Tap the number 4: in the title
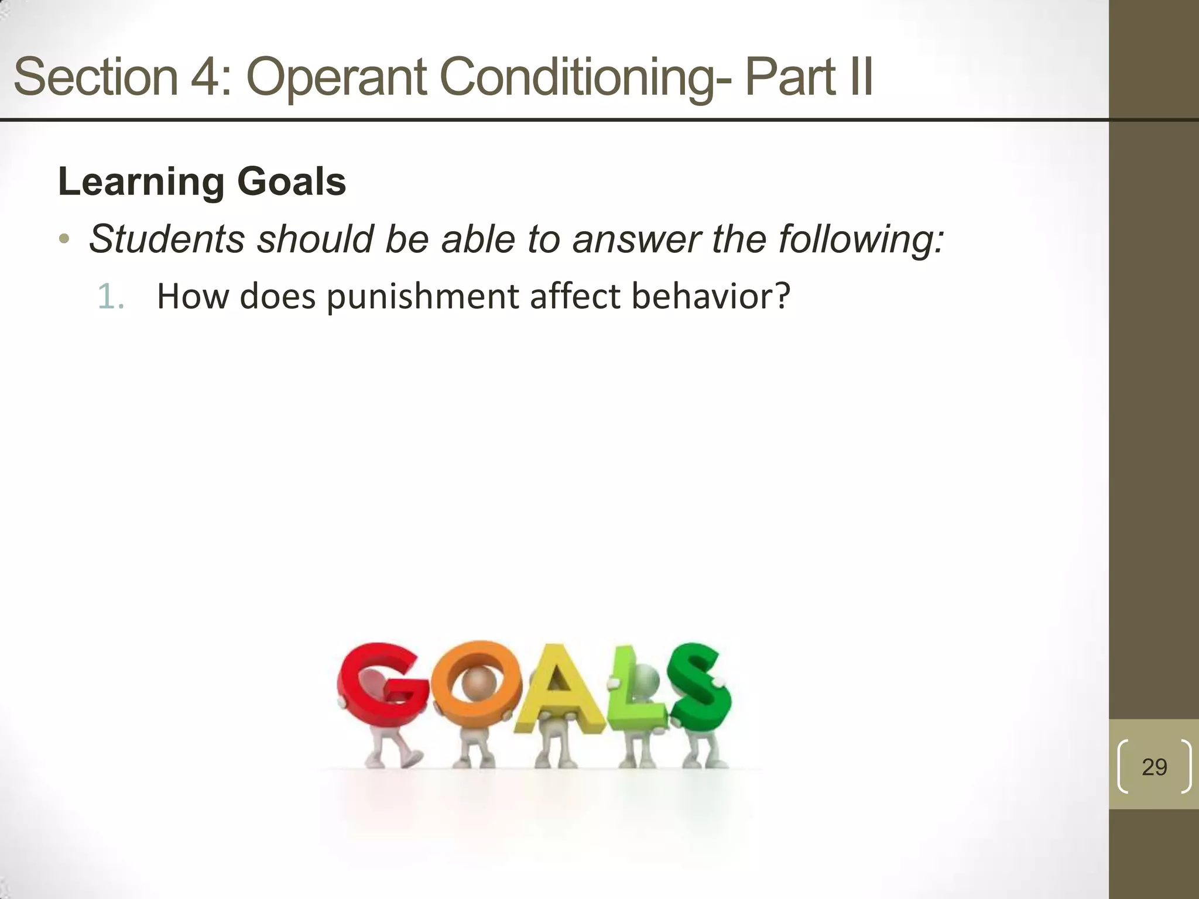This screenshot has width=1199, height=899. coord(210,77)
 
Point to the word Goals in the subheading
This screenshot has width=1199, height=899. coord(292,182)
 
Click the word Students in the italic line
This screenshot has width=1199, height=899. coord(166,239)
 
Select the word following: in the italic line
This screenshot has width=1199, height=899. coord(861,239)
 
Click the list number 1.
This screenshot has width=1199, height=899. coord(110,297)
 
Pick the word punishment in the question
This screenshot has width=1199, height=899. coord(422,297)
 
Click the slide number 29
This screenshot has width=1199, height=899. coord(1154,767)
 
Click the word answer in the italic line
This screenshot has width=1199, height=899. coord(636,239)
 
